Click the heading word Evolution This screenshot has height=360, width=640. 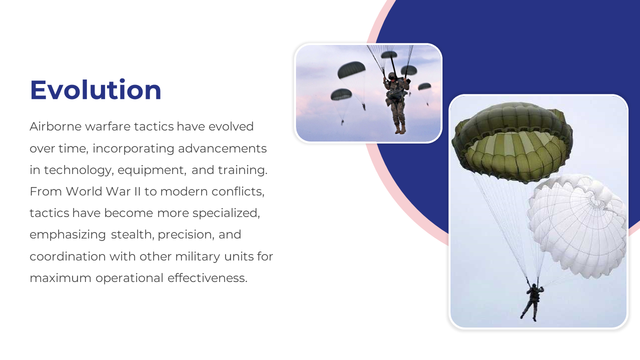[x=95, y=90]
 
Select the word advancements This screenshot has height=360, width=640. [x=222, y=148]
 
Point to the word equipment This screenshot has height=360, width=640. [x=151, y=170]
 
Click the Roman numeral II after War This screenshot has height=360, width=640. [x=137, y=191]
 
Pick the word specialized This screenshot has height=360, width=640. [x=226, y=213]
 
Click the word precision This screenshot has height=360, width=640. [x=185, y=235]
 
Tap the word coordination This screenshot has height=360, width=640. [x=67, y=256]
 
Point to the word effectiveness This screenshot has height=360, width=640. [x=207, y=277]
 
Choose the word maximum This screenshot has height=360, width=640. [x=60, y=278]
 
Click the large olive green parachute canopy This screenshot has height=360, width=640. [x=512, y=141]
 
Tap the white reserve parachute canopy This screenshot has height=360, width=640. [x=577, y=225]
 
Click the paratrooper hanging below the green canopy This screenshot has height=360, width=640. [x=532, y=302]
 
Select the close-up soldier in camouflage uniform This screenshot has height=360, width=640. [x=396, y=103]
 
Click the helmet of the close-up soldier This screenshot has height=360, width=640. [x=392, y=75]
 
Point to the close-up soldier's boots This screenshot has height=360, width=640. [x=400, y=129]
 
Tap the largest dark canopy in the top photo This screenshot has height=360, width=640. [x=351, y=69]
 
